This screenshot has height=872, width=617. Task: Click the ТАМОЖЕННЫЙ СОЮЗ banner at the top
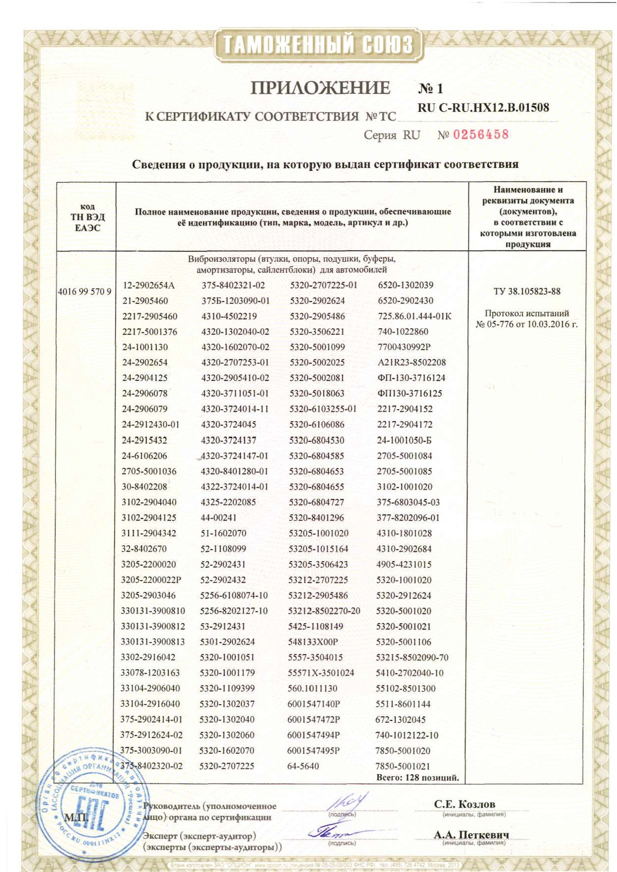click(318, 45)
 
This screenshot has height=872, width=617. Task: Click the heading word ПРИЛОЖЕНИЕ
click(320, 88)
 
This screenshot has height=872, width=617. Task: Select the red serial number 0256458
click(480, 135)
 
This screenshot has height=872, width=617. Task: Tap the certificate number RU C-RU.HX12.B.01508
click(483, 108)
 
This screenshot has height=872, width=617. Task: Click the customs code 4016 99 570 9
click(84, 291)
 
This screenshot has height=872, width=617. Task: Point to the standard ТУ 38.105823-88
click(527, 291)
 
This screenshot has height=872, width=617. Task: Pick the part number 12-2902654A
click(148, 286)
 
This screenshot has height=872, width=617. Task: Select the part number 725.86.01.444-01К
click(414, 316)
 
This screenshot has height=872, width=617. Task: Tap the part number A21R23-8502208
click(411, 363)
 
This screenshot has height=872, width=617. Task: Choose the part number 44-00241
click(218, 517)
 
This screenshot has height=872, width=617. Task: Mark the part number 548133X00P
click(313, 642)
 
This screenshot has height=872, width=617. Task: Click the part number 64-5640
click(303, 766)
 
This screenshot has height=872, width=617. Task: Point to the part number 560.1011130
click(312, 688)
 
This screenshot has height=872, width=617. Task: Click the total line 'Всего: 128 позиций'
click(417, 778)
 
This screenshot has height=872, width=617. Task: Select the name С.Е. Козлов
click(465, 804)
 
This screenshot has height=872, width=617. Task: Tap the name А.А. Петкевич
click(471, 835)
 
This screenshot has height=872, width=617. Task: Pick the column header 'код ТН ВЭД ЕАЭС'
click(87, 217)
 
